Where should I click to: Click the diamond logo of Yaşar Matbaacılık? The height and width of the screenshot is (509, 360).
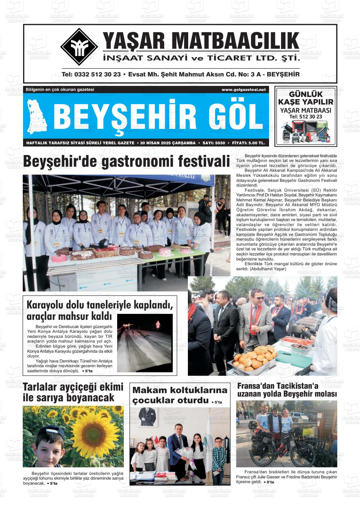[x=79, y=47]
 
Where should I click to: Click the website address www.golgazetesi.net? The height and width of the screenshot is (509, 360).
[x=243, y=90]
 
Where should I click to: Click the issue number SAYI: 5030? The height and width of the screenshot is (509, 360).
[x=213, y=143]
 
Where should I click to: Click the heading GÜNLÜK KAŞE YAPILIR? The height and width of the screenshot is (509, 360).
[x=306, y=98]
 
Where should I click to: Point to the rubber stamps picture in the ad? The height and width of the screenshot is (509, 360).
[x=306, y=132]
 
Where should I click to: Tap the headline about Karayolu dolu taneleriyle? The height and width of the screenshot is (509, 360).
[x=100, y=310]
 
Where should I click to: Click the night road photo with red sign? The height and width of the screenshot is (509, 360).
[x=145, y=343]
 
